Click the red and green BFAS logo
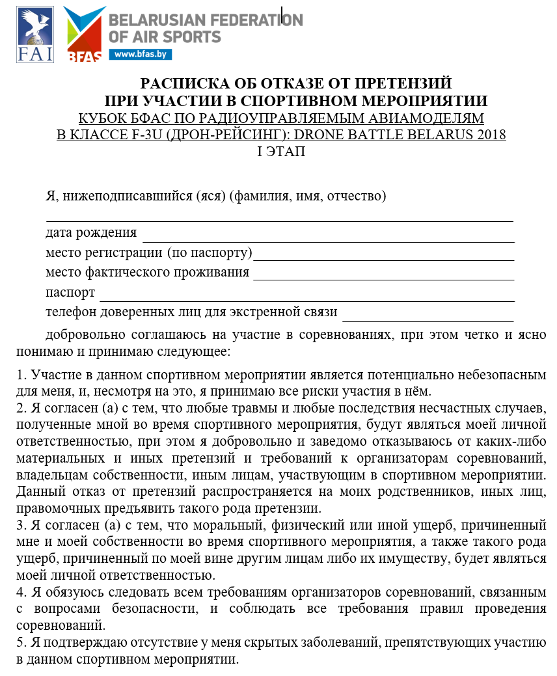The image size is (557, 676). click(85, 34)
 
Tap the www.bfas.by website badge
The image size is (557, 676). click(141, 55)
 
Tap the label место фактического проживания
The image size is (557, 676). click(148, 271)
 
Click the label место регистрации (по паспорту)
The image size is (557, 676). click(149, 252)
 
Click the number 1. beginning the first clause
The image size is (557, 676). click(20, 375)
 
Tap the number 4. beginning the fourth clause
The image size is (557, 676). click(20, 593)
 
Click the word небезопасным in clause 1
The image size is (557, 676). click(502, 375)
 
